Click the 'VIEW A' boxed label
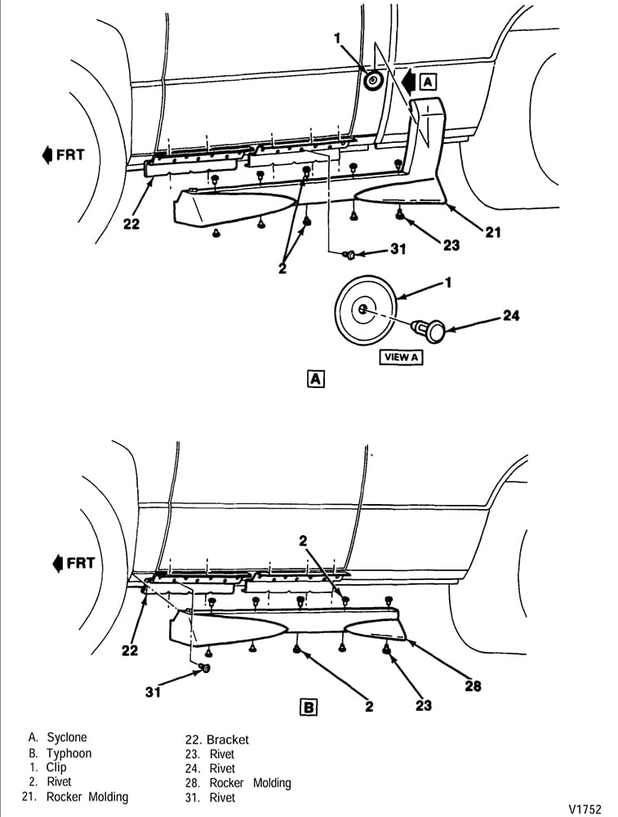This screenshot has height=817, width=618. pyautogui.click(x=401, y=358)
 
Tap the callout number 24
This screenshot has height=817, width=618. pyautogui.click(x=511, y=315)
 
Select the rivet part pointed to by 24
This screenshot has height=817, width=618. pyautogui.click(x=429, y=331)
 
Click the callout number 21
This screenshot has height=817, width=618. pyautogui.click(x=492, y=232)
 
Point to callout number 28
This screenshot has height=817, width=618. pyautogui.click(x=473, y=685)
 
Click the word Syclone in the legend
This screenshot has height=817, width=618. pyautogui.click(x=67, y=737)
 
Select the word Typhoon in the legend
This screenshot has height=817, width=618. pyautogui.click(x=69, y=753)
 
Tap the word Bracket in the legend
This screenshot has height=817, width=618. pyautogui.click(x=228, y=739)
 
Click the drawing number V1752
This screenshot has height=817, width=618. pyautogui.click(x=585, y=809)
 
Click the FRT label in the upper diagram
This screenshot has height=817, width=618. pyautogui.click(x=63, y=154)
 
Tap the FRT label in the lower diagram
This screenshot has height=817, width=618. pyautogui.click(x=74, y=563)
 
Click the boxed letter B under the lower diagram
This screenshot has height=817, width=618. pyautogui.click(x=309, y=707)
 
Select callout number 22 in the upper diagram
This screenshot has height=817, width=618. pyautogui.click(x=131, y=224)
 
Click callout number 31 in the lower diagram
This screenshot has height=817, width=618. pyautogui.click(x=153, y=692)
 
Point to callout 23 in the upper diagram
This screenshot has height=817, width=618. pyautogui.click(x=451, y=244)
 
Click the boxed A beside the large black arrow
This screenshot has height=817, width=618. pyautogui.click(x=428, y=82)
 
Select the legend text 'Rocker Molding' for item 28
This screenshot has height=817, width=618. pyautogui.click(x=250, y=783)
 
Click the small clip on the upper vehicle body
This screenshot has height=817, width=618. pyautogui.click(x=372, y=80)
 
